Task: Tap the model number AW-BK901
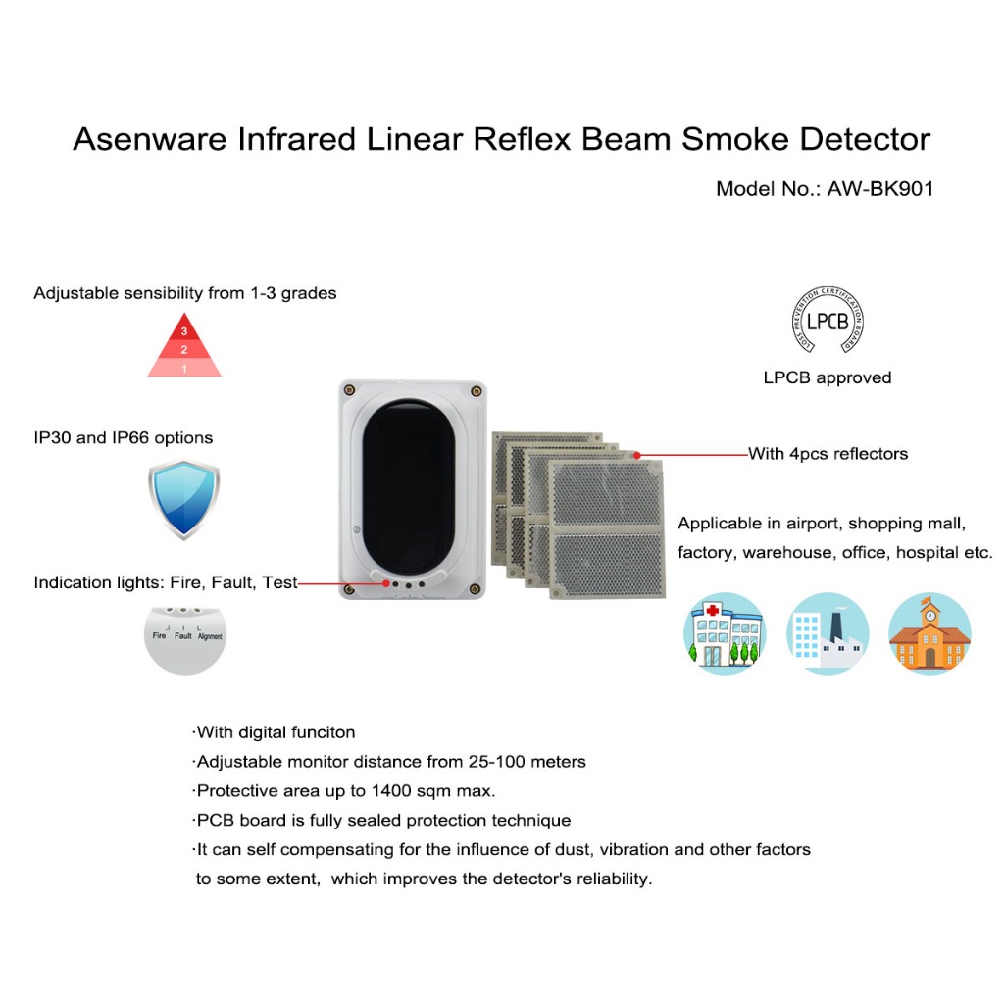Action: click(880, 189)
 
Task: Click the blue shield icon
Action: click(184, 500)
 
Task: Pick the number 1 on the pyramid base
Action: click(184, 368)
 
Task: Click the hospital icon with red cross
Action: click(725, 633)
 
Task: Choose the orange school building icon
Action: click(929, 633)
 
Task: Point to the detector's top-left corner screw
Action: click(347, 390)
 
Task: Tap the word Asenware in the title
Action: click(150, 140)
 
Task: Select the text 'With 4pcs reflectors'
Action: click(828, 454)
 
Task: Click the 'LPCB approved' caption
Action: click(828, 377)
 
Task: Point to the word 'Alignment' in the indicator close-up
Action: click(210, 636)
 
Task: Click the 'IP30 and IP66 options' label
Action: click(123, 437)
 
